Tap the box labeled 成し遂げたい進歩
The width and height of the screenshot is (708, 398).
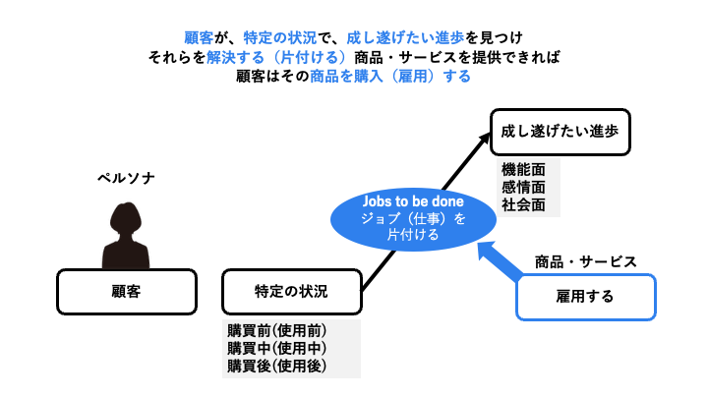pos(560,130)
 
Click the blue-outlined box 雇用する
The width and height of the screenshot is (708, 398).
pos(585,296)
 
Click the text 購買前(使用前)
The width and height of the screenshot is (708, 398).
pos(276,330)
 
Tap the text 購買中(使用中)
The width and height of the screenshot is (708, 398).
pos(276,348)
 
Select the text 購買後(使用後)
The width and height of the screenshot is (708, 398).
pos(276,366)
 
